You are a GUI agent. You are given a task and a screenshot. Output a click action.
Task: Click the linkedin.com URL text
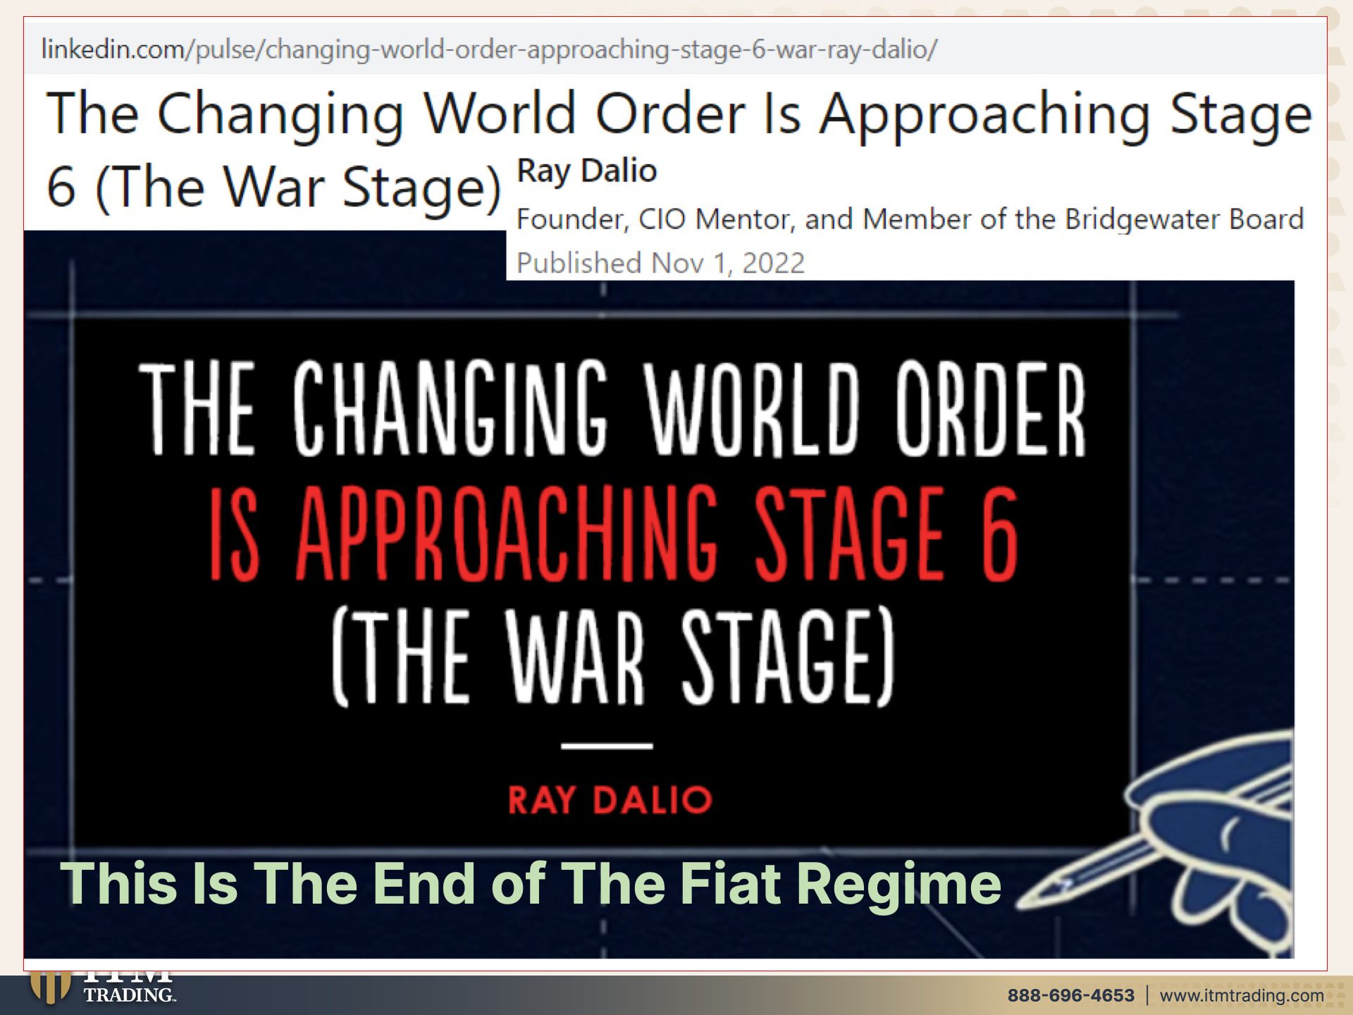[x=489, y=49]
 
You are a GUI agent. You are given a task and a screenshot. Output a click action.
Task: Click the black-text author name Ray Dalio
[x=587, y=171]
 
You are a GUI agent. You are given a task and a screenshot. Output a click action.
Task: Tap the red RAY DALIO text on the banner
[x=610, y=800]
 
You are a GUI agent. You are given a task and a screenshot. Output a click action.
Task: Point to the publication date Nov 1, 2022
[x=728, y=263]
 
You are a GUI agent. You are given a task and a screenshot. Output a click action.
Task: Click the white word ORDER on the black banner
[x=991, y=409]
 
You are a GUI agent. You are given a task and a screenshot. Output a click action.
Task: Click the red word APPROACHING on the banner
[x=507, y=534]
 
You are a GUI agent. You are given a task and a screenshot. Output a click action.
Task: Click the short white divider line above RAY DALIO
[x=607, y=745]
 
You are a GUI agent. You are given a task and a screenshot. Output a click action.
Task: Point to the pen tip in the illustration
[x=1025, y=899]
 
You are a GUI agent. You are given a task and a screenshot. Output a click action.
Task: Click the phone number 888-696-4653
[x=1071, y=995]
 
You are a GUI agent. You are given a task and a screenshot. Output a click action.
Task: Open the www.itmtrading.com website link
[x=1242, y=995]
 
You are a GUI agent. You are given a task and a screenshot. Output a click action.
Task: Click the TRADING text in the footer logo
[x=130, y=995]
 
